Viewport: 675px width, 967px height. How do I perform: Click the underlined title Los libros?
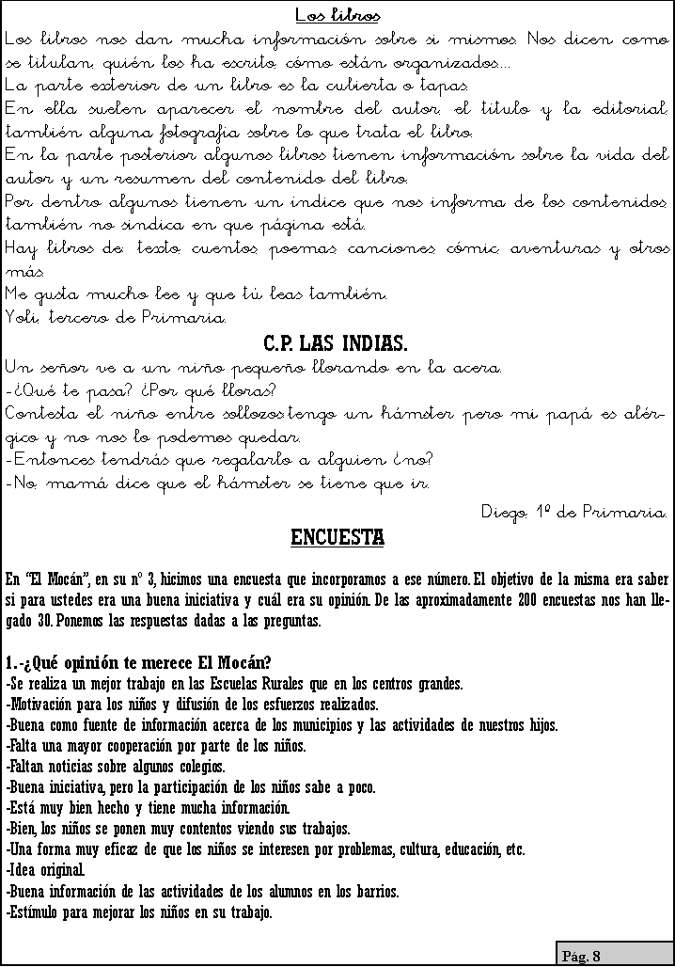click(x=337, y=16)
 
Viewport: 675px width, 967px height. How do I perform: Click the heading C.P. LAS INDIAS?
click(x=336, y=341)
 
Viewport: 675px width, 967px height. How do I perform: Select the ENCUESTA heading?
click(x=337, y=539)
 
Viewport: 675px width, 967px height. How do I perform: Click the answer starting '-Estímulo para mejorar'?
click(x=138, y=912)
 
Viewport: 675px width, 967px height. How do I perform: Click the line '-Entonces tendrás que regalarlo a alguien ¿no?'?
click(x=218, y=462)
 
